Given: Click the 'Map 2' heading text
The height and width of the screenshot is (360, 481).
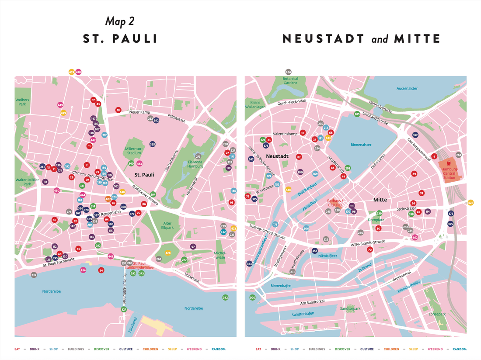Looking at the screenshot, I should (x=120, y=22).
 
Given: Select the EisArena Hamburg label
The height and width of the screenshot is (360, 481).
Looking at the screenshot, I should (x=199, y=164).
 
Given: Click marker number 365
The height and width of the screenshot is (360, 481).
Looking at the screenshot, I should (x=152, y=144).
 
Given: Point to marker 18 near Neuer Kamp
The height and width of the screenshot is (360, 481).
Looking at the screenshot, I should (x=118, y=110).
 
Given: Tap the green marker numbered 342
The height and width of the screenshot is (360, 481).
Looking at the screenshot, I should (x=225, y=298).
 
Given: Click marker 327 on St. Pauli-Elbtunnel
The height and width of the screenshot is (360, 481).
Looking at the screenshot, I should (x=124, y=309).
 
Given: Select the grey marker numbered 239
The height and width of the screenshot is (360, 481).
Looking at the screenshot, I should (x=34, y=275).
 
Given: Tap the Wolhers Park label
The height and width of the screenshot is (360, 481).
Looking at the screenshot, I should (x=22, y=102).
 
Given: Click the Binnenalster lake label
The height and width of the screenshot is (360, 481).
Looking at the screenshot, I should (x=361, y=144).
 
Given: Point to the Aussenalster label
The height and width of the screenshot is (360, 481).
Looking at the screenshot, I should (x=407, y=88).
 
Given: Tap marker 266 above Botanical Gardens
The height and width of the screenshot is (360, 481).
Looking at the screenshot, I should (x=288, y=72).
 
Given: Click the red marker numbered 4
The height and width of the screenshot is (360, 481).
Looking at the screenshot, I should (x=434, y=156).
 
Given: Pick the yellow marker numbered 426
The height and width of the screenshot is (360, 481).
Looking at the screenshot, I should (x=471, y=203).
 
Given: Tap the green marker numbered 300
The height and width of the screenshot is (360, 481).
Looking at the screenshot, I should (x=252, y=298).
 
